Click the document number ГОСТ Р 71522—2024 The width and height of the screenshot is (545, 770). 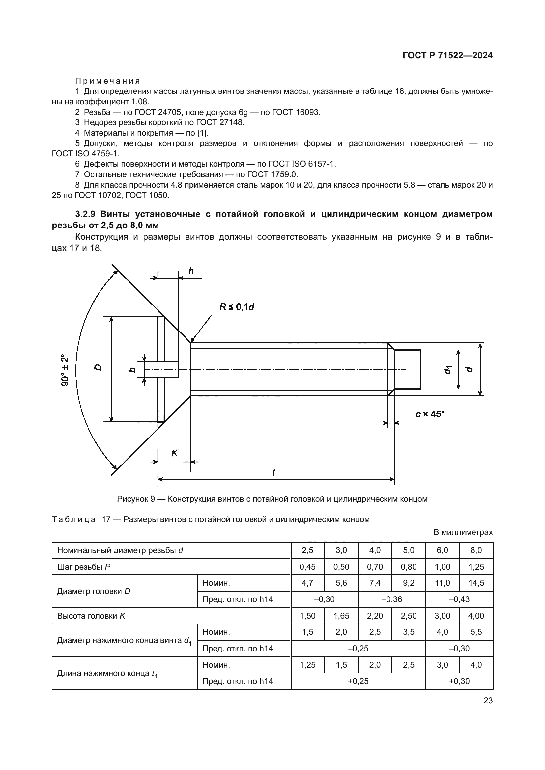pos(447,55)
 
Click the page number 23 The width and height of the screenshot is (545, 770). pos(488,700)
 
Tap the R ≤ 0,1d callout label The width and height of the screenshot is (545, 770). pos(237,307)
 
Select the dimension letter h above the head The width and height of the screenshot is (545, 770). pos(191,271)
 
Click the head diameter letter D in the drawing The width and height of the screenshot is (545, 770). pos(98,367)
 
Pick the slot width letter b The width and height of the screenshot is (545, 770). pos(133,370)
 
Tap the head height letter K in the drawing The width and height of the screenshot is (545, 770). pos(174,453)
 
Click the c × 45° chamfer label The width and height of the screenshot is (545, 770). pos(430,414)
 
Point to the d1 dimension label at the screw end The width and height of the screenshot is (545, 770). pos(448,370)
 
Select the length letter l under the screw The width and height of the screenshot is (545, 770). pos(273,472)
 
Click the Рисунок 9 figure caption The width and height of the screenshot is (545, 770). pos(272,499)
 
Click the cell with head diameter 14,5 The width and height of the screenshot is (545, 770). pos(476,583)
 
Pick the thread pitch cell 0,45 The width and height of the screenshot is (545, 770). pos(307,567)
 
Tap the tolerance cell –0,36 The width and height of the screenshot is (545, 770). pos(392,599)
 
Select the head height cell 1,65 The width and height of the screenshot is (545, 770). pos(341,616)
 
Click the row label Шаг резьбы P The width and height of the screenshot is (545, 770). pos(84,567)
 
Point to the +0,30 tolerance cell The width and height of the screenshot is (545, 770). pos(459,681)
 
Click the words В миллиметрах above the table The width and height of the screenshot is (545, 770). pos(463,532)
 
